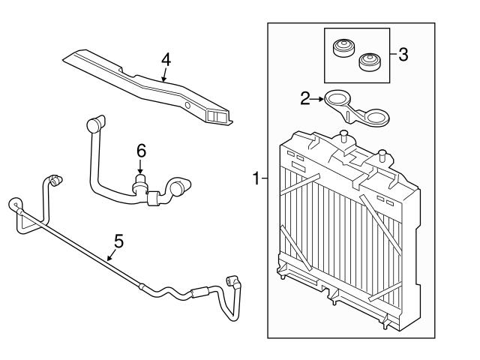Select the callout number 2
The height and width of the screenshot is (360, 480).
304,97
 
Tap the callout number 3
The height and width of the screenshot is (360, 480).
403,55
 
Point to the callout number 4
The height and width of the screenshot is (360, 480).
166,58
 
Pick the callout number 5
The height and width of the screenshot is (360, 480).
118,242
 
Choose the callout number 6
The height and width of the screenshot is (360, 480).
140,150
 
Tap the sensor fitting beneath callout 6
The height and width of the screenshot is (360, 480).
139,181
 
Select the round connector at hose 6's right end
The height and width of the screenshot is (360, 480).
181,187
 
